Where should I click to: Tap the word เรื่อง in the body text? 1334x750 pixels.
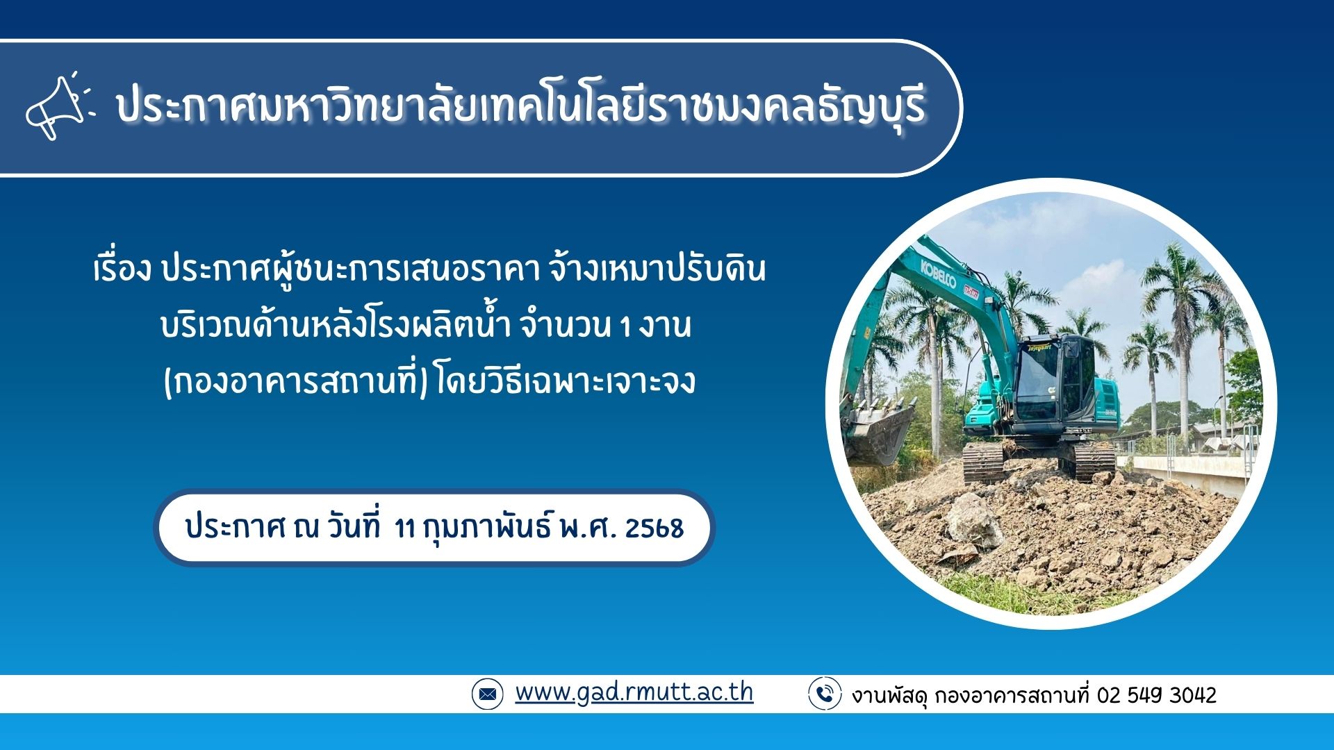coord(122,268)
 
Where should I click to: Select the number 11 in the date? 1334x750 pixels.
coord(404,528)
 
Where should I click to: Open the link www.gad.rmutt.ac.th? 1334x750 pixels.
coord(634,692)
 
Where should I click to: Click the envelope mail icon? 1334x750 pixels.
coord(487,694)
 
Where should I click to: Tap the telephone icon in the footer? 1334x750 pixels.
coord(825,693)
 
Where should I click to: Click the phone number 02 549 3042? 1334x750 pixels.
coord(1157,694)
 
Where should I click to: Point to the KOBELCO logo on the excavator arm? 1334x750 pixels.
coord(939,274)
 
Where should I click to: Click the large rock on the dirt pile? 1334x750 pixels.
coord(975,521)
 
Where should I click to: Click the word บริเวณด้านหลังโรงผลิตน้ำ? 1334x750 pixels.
coord(336,325)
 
